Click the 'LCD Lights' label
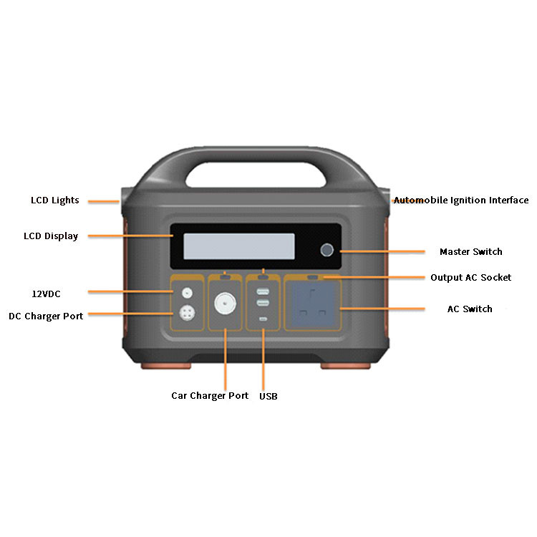tap(54, 200)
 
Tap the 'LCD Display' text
tap(51, 236)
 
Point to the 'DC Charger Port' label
tap(46, 316)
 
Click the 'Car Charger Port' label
tap(210, 395)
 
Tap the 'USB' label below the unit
tap(268, 396)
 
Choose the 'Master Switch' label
tap(470, 252)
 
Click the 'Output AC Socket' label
tap(470, 278)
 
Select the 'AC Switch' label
tap(470, 309)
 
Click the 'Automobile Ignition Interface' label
tap(462, 200)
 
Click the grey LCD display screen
tap(239, 246)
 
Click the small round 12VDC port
tap(188, 292)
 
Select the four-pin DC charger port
tap(188, 314)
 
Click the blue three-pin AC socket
tap(312, 305)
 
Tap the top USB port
tap(263, 291)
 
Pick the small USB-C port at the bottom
tap(263, 319)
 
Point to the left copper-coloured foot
tap(166, 365)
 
